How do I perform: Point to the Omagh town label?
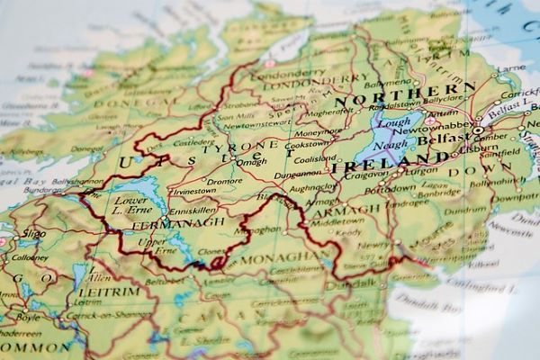tap(251, 162)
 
